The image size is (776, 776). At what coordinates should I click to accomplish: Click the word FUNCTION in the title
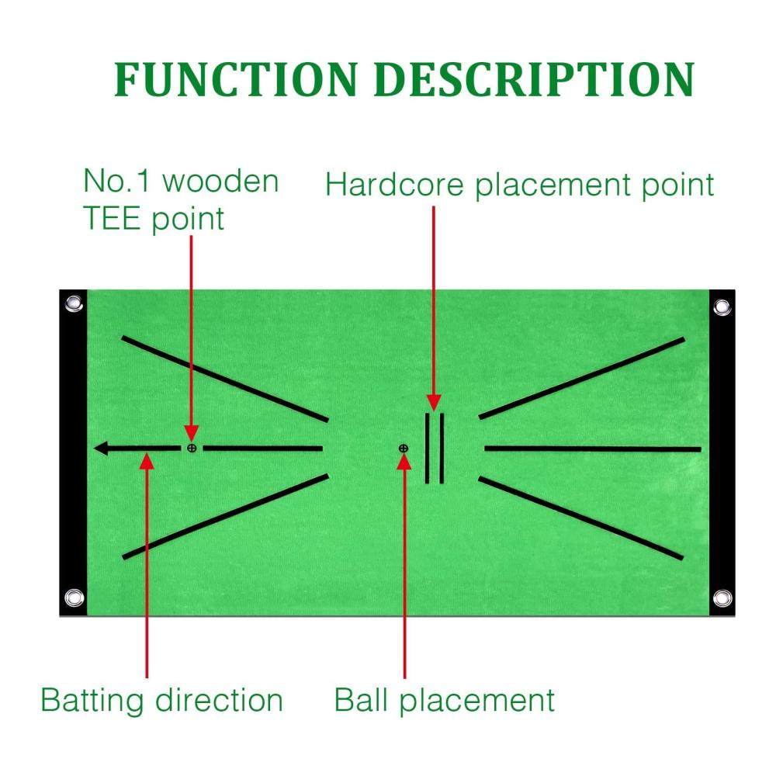click(236, 79)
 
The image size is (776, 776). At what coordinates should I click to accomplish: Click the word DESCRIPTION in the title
click(535, 79)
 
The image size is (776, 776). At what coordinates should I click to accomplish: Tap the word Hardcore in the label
click(394, 185)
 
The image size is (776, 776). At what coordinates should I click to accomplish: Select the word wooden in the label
click(220, 181)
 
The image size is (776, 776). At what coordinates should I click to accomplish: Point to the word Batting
click(92, 700)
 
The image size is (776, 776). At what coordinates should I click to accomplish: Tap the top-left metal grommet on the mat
click(74, 303)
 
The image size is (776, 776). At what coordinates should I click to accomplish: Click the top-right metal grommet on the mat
click(722, 307)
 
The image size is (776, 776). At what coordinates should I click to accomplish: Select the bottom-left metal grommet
click(74, 598)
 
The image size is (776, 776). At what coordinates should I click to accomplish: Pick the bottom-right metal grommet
click(722, 598)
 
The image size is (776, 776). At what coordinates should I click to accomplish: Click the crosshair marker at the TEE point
click(192, 449)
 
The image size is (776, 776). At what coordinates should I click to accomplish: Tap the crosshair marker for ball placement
click(404, 449)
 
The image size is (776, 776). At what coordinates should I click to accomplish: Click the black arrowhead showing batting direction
click(102, 449)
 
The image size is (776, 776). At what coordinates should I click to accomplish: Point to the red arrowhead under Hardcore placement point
click(434, 403)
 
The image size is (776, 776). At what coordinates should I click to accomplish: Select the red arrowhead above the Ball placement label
click(404, 461)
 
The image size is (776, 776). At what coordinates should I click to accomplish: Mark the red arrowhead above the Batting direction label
click(147, 461)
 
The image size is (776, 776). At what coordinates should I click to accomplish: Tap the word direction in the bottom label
click(219, 700)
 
